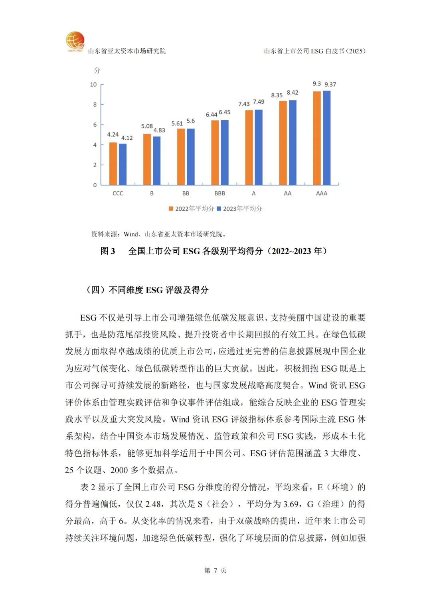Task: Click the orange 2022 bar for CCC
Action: point(113,164)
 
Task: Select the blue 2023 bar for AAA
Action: point(326,138)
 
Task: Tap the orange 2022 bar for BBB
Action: point(215,152)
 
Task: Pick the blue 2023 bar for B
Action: point(156,160)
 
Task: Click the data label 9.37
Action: point(330,85)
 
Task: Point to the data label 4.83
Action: point(159,131)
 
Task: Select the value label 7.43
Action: point(244,104)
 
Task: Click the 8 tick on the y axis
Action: point(95,105)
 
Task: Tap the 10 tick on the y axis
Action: point(93,85)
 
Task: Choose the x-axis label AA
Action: point(287,194)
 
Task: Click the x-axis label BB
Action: point(186,194)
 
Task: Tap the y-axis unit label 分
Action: point(97,71)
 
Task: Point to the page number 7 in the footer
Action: point(215,570)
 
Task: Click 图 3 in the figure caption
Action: point(108,251)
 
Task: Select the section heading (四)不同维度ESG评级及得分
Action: point(147,290)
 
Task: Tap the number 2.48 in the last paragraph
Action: point(153,504)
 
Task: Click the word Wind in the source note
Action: point(130,234)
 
